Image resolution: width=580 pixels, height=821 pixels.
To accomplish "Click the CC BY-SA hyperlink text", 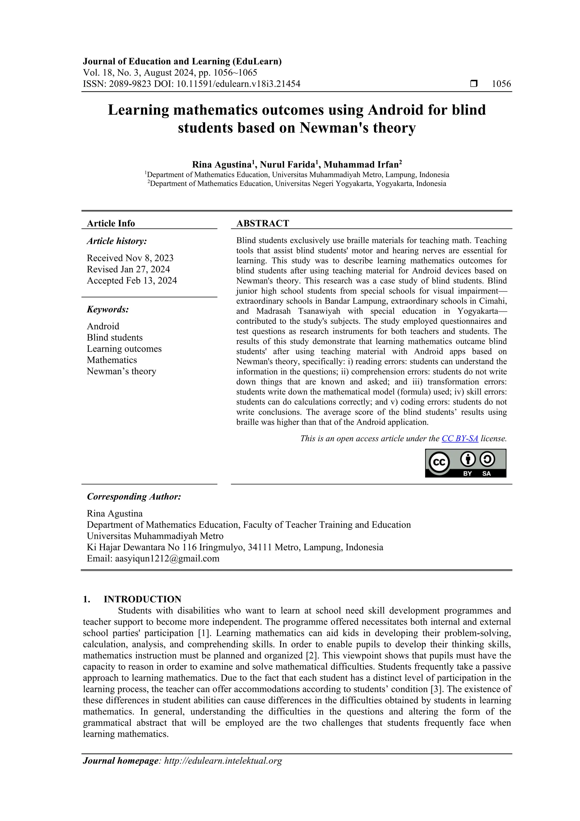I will [x=460, y=438].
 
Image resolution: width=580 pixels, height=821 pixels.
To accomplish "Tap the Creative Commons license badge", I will [x=465, y=463].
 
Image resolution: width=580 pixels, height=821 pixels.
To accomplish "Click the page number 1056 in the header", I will [x=501, y=84].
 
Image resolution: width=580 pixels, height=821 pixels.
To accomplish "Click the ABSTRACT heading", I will [x=262, y=224].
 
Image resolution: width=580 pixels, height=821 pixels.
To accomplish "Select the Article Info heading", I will [x=111, y=224].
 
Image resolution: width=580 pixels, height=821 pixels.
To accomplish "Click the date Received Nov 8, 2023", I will [x=130, y=258].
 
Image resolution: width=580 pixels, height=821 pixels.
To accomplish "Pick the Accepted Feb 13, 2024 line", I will [x=132, y=281].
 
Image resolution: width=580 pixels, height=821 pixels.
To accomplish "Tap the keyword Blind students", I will [x=115, y=338].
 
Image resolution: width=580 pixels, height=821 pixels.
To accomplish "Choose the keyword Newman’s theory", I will [x=121, y=371].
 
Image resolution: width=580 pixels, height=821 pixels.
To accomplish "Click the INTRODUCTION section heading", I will [x=142, y=599].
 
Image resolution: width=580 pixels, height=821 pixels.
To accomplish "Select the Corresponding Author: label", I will [x=134, y=497].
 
